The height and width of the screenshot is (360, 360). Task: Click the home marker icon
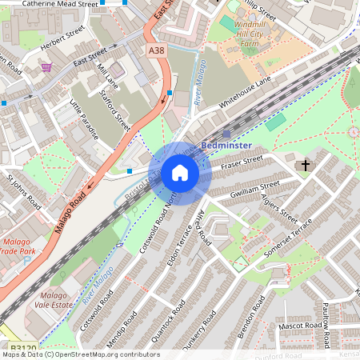pos(180,173)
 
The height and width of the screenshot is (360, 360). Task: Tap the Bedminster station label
pos(227,146)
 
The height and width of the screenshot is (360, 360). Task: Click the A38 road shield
pos(157,50)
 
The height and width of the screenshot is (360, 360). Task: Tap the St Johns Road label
pos(23,191)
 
